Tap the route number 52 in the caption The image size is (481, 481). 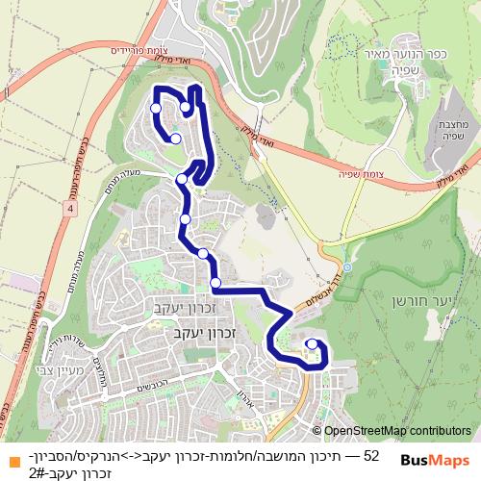[x=371, y=451]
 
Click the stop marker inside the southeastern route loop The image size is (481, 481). [x=311, y=343]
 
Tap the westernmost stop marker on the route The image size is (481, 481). [x=156, y=109]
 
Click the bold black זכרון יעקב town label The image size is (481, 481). [x=187, y=332]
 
